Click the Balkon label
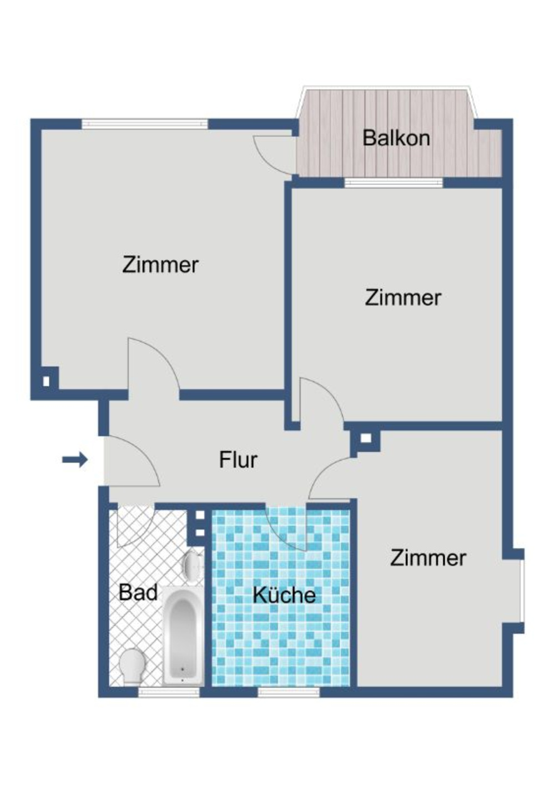[396, 138]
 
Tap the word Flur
[238, 460]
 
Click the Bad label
[138, 592]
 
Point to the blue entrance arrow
[75, 459]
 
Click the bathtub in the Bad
[183, 636]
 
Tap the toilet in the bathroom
[133, 664]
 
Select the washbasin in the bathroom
[192, 566]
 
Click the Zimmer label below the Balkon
[403, 298]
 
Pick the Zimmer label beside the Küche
[428, 557]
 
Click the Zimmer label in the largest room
[160, 264]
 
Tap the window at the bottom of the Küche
[289, 692]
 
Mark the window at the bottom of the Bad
[168, 692]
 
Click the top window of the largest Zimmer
[145, 124]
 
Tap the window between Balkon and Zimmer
[393, 183]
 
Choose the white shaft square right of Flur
[365, 438]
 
